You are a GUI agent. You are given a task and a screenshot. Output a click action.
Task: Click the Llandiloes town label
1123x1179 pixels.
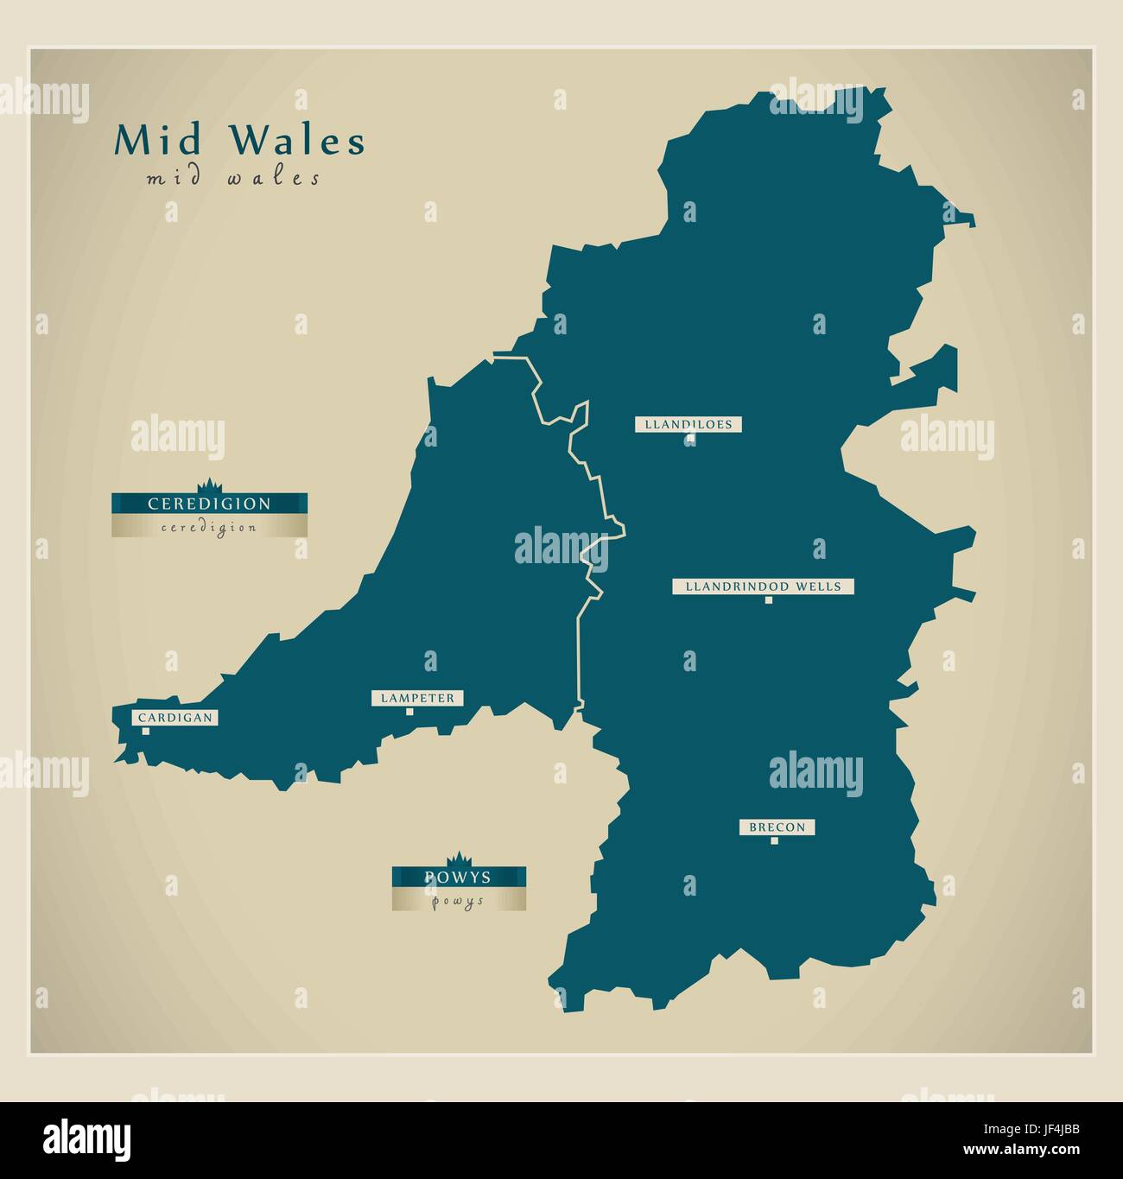[x=688, y=424]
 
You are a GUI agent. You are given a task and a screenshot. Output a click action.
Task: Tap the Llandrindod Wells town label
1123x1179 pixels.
[x=763, y=586]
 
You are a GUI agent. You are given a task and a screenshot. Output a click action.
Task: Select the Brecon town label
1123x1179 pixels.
[x=777, y=827]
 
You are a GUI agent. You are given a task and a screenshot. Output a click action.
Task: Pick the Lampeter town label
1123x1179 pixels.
[x=417, y=698]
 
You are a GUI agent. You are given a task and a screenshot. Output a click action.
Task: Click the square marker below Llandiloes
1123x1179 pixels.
[x=689, y=440]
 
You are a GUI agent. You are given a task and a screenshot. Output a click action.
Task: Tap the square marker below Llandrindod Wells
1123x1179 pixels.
[x=768, y=600]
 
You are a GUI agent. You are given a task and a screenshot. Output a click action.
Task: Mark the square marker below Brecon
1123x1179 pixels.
[x=774, y=840]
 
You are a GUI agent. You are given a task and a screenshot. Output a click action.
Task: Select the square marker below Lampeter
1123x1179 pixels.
[x=409, y=712]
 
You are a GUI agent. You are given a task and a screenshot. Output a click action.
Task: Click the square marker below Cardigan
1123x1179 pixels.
[x=146, y=732]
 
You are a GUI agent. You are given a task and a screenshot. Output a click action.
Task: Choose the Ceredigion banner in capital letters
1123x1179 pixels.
[x=209, y=504]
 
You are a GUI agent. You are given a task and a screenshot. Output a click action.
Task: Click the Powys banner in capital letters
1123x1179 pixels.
[x=458, y=878]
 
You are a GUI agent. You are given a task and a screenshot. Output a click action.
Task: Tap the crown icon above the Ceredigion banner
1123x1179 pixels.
[x=209, y=485]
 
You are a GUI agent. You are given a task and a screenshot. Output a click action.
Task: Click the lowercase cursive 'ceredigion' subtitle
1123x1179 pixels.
[x=209, y=528]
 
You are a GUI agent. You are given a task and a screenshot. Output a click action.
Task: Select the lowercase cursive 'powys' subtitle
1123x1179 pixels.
[x=458, y=901]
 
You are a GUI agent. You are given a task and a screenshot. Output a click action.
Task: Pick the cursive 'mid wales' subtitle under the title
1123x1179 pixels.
[x=233, y=179]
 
